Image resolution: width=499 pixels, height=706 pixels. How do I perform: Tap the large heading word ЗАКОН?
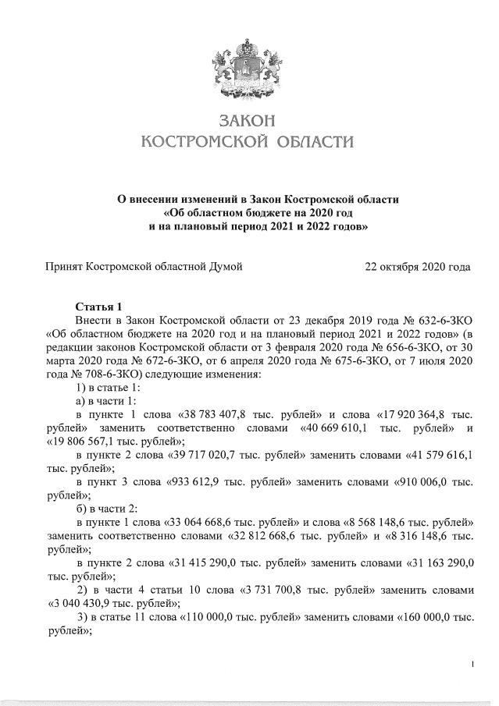click(246, 122)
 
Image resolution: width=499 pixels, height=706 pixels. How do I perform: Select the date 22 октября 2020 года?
click(417, 267)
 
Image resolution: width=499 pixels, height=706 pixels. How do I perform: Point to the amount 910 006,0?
click(419, 481)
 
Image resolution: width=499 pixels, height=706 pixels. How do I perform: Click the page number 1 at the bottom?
click(472, 664)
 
